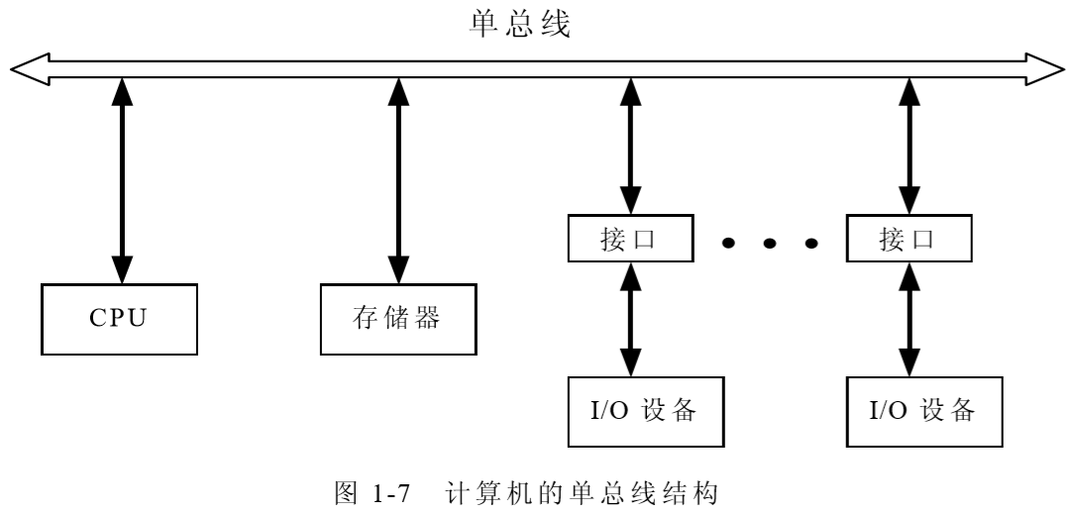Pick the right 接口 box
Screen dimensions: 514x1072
(x=908, y=241)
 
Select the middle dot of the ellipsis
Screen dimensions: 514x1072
(x=770, y=243)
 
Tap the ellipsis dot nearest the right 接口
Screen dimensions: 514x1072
(x=811, y=243)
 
